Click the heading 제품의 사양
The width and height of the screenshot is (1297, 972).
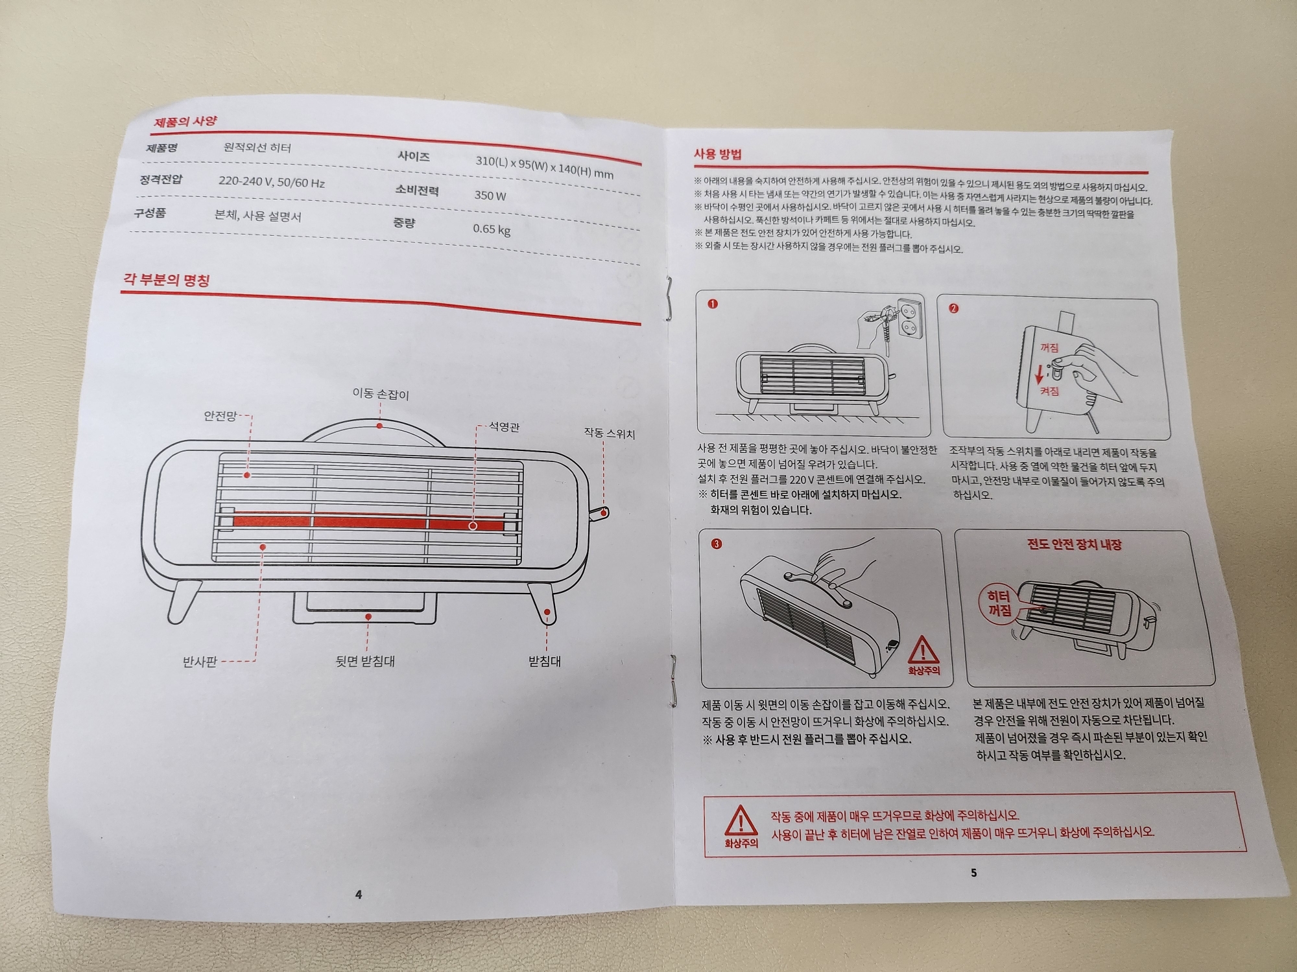(x=185, y=121)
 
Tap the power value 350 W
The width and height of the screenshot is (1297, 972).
(x=490, y=195)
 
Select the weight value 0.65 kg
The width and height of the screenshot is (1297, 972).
(x=491, y=229)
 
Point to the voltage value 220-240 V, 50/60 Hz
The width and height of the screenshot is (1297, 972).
(x=271, y=181)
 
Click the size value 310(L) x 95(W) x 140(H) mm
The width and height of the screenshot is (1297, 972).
(x=544, y=166)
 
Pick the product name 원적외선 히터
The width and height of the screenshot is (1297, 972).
(x=257, y=147)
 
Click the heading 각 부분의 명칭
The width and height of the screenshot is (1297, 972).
(x=166, y=280)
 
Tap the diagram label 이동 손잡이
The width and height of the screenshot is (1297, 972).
(x=381, y=393)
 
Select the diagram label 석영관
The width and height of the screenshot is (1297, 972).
(x=504, y=427)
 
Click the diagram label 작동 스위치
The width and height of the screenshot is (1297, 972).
(x=609, y=434)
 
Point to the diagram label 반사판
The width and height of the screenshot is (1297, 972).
(x=199, y=662)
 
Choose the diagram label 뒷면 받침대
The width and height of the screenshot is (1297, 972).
(x=364, y=661)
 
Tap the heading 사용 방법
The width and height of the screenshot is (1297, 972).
(x=717, y=154)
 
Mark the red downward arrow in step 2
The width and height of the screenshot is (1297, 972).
(x=1039, y=373)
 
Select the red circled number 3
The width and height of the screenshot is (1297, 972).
(x=716, y=544)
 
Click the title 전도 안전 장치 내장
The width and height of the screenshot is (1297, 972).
(x=1075, y=544)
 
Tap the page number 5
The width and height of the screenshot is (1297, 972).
(x=973, y=873)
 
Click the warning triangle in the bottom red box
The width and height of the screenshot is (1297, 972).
(x=740, y=820)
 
